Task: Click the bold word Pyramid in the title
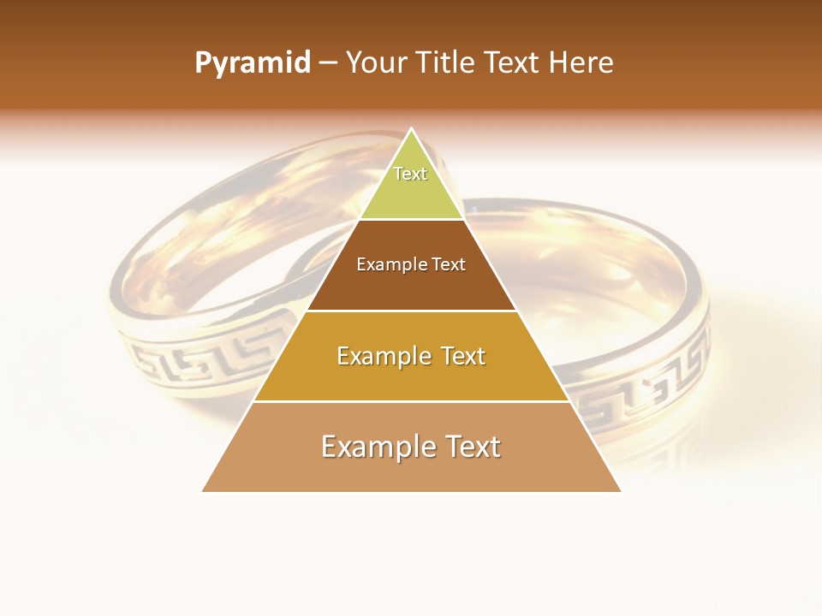coord(252,63)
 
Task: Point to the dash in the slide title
coord(327,63)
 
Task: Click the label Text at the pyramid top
coord(410,174)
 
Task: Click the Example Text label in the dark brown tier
coord(411,264)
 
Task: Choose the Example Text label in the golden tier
coord(411,356)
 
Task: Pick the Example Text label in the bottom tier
coord(411,447)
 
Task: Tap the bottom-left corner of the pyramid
coord(203,491)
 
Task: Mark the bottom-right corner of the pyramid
coord(621,491)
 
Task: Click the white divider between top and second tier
coord(411,220)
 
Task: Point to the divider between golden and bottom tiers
coord(411,401)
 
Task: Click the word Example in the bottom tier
coord(373,447)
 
